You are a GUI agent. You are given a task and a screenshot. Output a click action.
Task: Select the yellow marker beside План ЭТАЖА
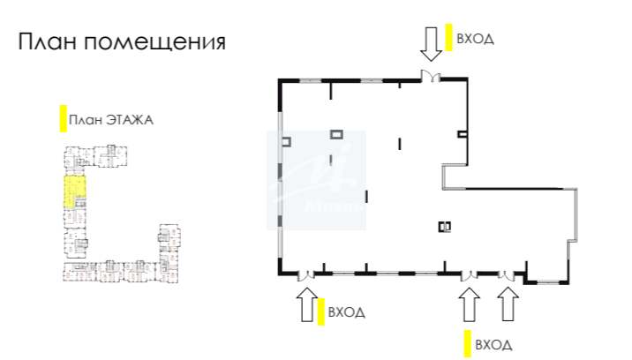[x=63, y=119]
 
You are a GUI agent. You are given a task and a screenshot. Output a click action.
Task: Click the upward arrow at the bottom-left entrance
[x=307, y=304]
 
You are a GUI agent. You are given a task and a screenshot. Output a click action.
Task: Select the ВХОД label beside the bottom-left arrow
[x=346, y=311]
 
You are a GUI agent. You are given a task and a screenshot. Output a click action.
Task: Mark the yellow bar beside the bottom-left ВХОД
[x=321, y=311]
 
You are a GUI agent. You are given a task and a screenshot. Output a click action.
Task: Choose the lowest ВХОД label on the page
[x=493, y=343]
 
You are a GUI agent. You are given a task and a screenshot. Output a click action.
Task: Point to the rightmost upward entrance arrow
[x=508, y=304]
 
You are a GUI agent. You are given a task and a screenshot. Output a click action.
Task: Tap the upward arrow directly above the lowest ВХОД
[x=468, y=304]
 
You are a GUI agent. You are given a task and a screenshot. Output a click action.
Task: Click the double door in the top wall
[x=432, y=77]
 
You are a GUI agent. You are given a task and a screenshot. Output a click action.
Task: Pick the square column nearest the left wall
[x=287, y=141]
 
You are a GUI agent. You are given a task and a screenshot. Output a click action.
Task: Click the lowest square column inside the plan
[x=443, y=226]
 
